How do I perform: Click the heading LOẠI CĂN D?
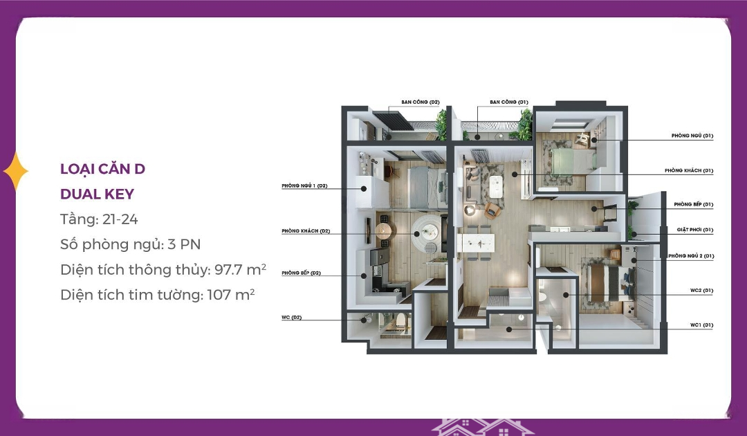(102, 169)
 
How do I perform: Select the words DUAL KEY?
(98, 194)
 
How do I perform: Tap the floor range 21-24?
(120, 219)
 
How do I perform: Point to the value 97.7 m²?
(240, 269)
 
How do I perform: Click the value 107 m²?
(231, 295)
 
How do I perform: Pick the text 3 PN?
(184, 244)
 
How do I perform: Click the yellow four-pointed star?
(16, 172)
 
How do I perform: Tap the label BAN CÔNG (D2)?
(421, 102)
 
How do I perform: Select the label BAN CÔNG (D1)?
(509, 102)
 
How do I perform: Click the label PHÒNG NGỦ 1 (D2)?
(304, 186)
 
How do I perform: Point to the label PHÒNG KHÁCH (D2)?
(306, 231)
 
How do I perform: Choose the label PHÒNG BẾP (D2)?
(301, 273)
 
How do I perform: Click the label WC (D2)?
(292, 318)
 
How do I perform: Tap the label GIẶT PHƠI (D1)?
(694, 230)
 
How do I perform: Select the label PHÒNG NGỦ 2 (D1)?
(691, 256)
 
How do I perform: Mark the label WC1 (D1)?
(702, 325)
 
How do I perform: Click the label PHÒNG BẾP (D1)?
(693, 204)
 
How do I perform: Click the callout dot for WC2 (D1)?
(566, 295)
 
